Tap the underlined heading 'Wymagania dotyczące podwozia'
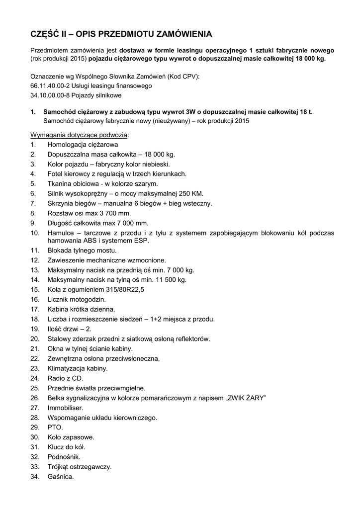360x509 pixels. [80, 135]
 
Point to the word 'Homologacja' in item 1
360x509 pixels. [67, 145]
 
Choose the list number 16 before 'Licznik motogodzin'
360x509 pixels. [34, 300]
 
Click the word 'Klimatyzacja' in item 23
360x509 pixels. [67, 368]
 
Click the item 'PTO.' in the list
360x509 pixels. [55, 427]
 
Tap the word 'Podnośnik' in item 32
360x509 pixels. [64, 457]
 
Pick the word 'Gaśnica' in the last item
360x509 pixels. [60, 477]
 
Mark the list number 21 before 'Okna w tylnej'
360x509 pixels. [34, 349]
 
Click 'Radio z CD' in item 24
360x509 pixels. [65, 378]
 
